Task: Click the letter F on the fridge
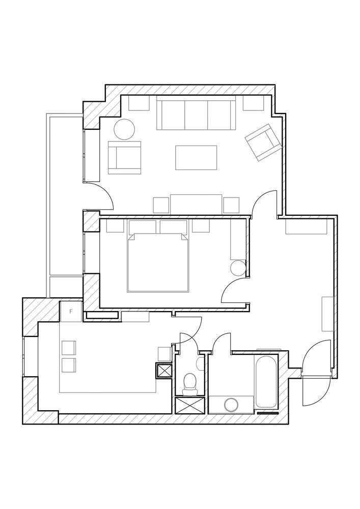pyautogui.click(x=71, y=312)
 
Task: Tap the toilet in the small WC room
pyautogui.click(x=190, y=384)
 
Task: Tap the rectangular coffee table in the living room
pyautogui.click(x=196, y=157)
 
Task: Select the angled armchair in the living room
pyautogui.click(x=263, y=142)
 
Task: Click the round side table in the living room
pyautogui.click(x=124, y=129)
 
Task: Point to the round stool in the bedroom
pyautogui.click(x=238, y=268)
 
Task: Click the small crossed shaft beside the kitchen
pyautogui.click(x=163, y=371)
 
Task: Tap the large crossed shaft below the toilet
pyautogui.click(x=190, y=405)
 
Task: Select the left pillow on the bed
pyautogui.click(x=142, y=227)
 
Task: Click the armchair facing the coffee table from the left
pyautogui.click(x=125, y=157)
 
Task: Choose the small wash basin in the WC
pyautogui.click(x=200, y=363)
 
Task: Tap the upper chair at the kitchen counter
pyautogui.click(x=69, y=348)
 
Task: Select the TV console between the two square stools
pyautogui.click(x=196, y=205)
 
